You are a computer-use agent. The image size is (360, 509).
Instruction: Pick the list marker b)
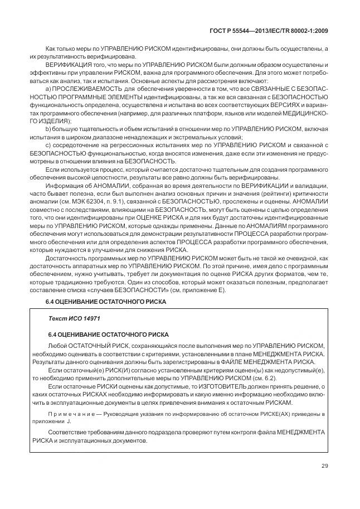tap(48, 129)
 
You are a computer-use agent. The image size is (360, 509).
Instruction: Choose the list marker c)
tap(48, 145)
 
